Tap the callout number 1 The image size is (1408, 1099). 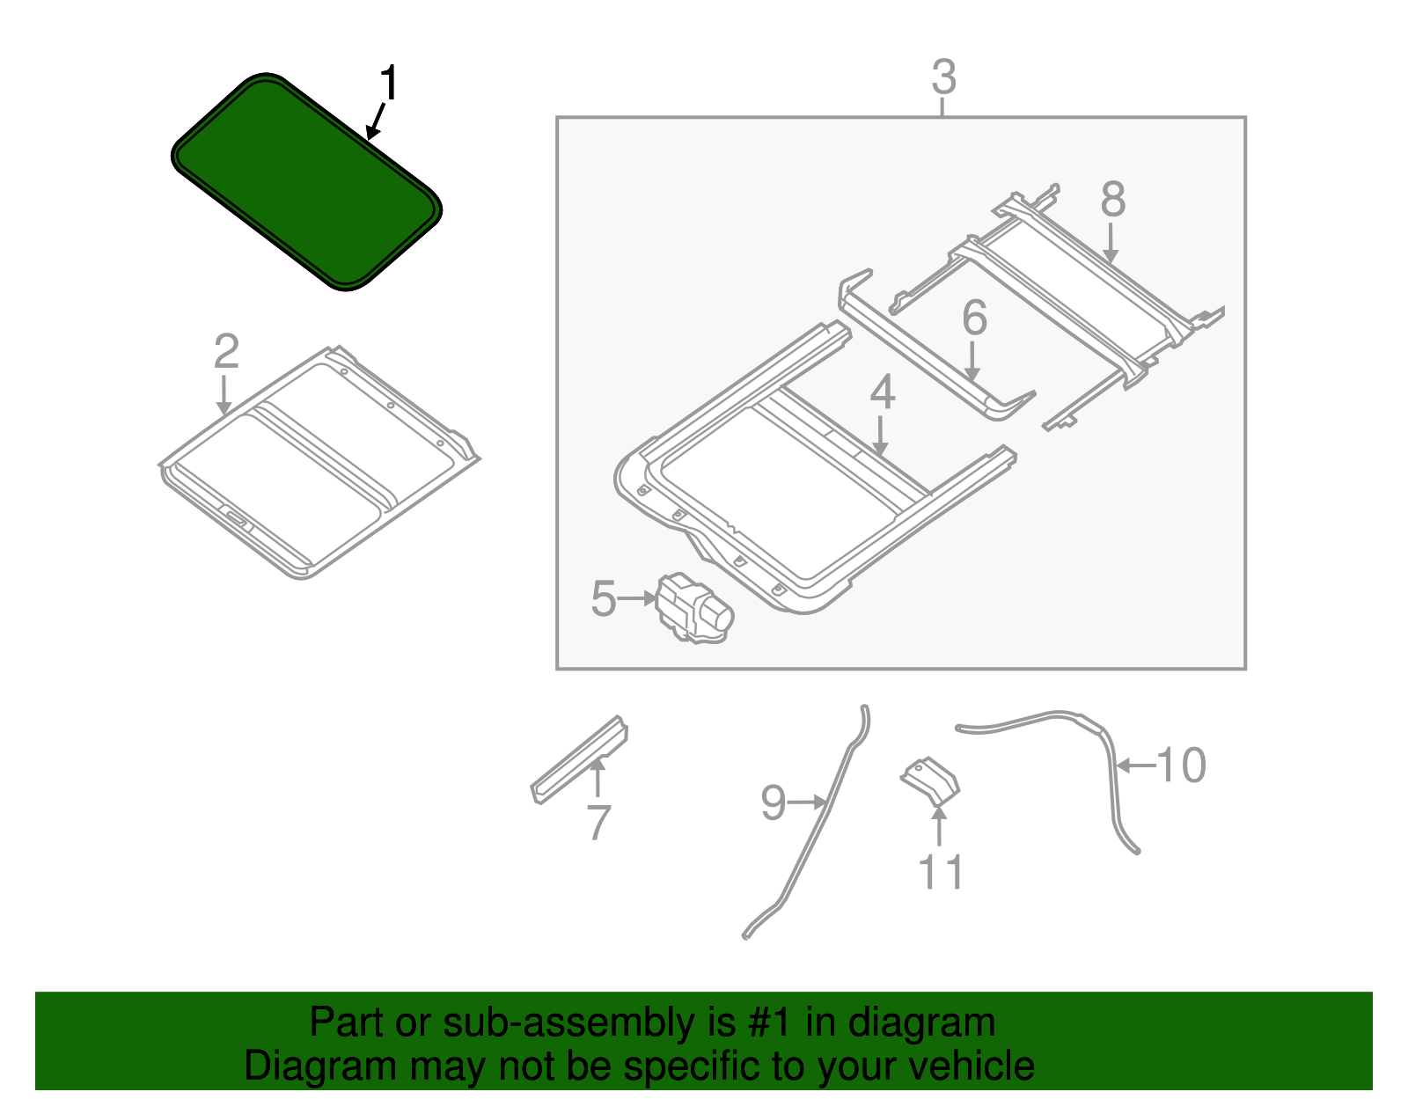tap(388, 84)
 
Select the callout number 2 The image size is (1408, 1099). tap(226, 352)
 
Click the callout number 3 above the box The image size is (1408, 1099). tap(943, 77)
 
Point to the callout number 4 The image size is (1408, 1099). tap(882, 392)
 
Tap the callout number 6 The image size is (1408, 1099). tap(974, 319)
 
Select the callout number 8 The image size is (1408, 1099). tap(1112, 200)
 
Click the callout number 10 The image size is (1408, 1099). tap(1181, 766)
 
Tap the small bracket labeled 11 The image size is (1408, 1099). tap(930, 781)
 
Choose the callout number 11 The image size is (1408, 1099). tap(941, 872)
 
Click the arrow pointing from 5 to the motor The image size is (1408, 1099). tap(635, 598)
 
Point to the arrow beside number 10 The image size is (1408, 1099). tap(1135, 766)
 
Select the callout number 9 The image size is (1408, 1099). tap(773, 802)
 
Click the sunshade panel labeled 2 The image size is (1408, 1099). tap(317, 466)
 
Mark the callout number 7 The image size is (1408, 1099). tap(598, 823)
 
